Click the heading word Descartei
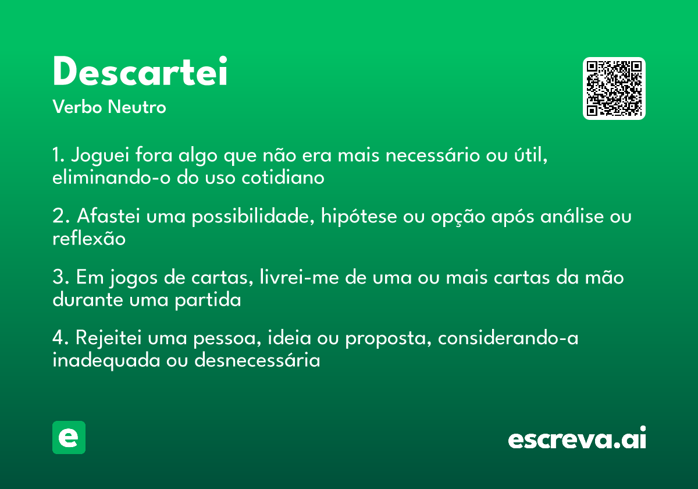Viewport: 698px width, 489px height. [140, 72]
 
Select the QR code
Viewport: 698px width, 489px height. [614, 88]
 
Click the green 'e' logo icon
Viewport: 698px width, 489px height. [69, 437]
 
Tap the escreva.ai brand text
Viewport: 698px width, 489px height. [577, 438]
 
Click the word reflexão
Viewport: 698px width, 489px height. [89, 238]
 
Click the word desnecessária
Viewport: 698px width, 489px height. [257, 360]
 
